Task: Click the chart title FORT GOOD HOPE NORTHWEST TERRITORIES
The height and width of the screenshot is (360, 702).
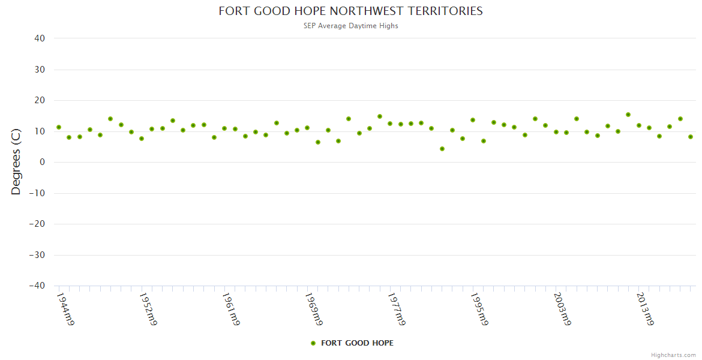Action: pyautogui.click(x=350, y=11)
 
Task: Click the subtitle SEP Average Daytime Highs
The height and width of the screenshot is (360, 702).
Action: pyautogui.click(x=350, y=26)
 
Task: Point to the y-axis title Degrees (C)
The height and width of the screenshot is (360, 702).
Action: pyautogui.click(x=16, y=161)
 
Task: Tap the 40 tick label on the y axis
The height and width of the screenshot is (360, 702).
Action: pyautogui.click(x=40, y=38)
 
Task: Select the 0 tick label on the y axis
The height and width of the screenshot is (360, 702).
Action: pyautogui.click(x=43, y=162)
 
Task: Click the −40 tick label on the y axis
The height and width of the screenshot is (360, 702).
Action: pyautogui.click(x=37, y=286)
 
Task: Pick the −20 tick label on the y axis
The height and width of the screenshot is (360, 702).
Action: pyautogui.click(x=37, y=224)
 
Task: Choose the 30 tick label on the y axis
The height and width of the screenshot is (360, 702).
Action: pyautogui.click(x=40, y=70)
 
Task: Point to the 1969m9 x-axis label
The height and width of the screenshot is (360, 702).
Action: pyautogui.click(x=313, y=309)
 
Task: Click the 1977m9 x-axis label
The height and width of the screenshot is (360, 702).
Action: pyautogui.click(x=396, y=309)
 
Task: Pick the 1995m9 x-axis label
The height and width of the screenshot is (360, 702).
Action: pyautogui.click(x=479, y=309)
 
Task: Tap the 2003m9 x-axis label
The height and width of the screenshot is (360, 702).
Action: pyautogui.click(x=562, y=309)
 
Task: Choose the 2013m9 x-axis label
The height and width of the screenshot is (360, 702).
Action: pyautogui.click(x=644, y=309)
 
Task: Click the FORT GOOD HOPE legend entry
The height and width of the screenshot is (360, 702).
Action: pyautogui.click(x=352, y=343)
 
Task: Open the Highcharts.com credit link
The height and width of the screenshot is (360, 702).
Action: pyautogui.click(x=673, y=355)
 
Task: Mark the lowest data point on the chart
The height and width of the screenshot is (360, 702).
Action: pyautogui.click(x=442, y=149)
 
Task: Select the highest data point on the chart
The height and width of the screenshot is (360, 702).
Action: pyautogui.click(x=628, y=115)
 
